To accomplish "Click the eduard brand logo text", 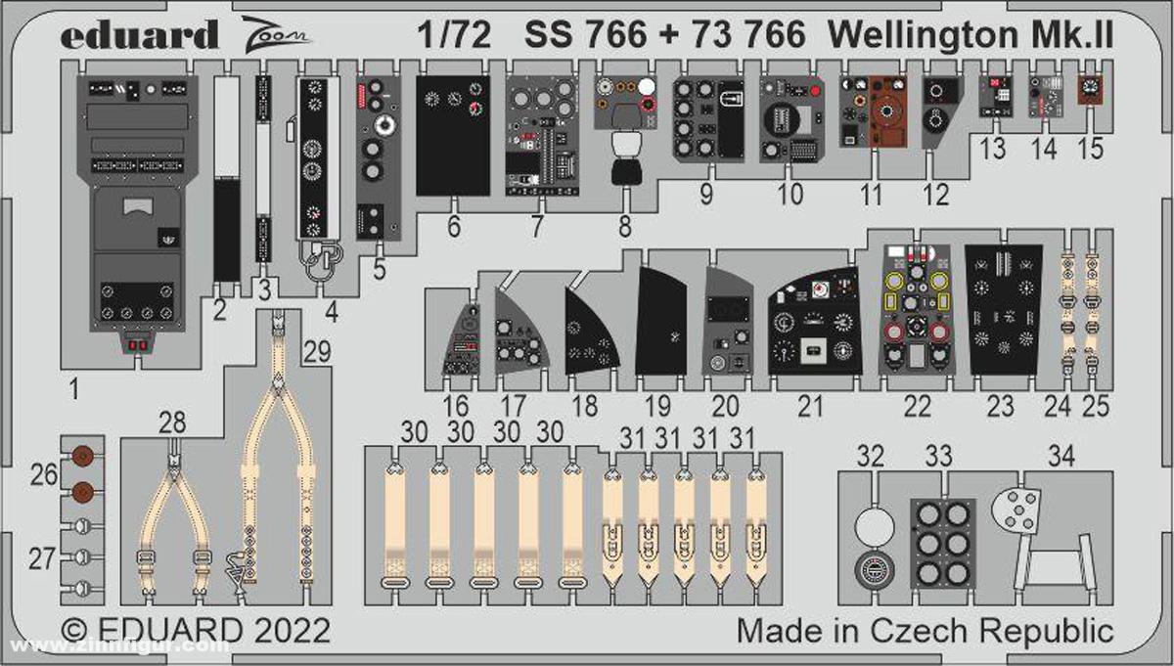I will [138, 35].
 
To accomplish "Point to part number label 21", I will [810, 406].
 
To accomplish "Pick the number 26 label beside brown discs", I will [43, 474].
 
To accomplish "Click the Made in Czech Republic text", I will [926, 628].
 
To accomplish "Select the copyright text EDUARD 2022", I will [195, 628].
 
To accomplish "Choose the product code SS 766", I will [586, 35].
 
